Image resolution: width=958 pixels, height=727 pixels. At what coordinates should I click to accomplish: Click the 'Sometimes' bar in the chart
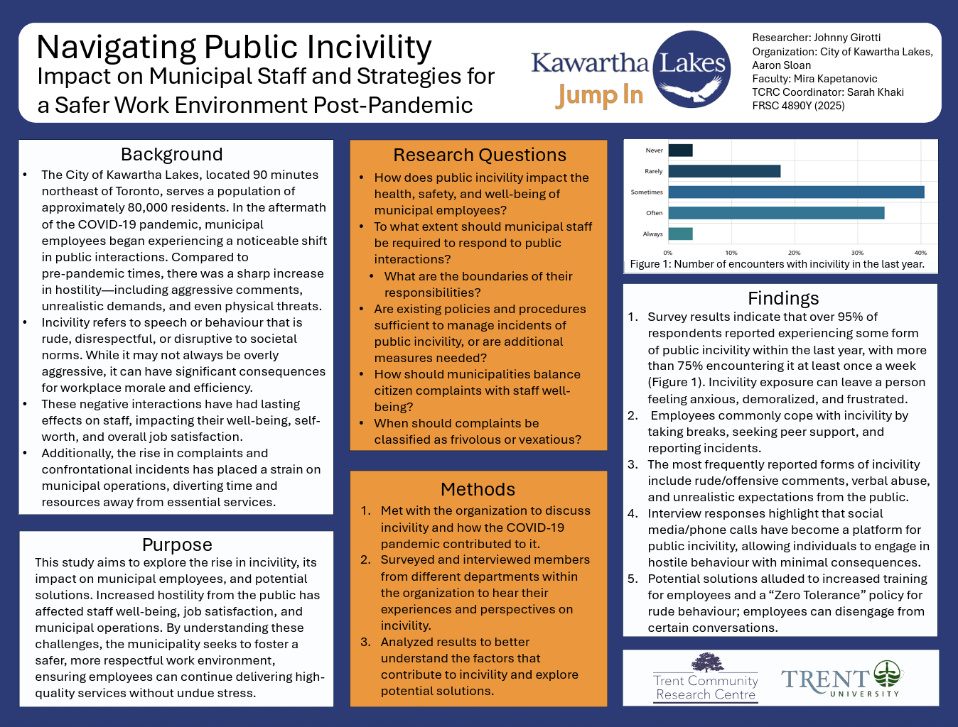coord(796,192)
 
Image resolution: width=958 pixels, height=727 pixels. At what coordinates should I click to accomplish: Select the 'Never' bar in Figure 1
coord(680,151)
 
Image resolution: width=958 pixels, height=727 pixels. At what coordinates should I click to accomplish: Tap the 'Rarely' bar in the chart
coord(724,171)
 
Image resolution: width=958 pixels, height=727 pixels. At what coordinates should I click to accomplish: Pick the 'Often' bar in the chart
coord(776,213)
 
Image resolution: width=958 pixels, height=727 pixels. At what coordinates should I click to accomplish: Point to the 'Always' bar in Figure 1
coord(680,234)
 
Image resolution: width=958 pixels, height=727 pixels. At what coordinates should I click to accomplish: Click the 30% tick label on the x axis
coord(857,253)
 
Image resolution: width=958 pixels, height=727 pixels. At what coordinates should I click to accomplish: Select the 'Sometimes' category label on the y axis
coord(646,192)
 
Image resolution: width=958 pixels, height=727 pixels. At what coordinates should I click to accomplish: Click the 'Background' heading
coord(172,155)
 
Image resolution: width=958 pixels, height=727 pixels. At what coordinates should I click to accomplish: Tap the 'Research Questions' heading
coord(480,155)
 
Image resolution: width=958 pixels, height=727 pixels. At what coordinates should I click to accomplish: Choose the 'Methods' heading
coord(478,489)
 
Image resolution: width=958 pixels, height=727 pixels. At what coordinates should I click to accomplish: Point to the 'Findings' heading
coord(783,298)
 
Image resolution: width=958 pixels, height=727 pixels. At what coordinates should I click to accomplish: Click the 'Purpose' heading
coord(177,545)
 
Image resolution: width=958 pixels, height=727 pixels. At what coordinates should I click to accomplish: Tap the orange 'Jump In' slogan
coord(600,95)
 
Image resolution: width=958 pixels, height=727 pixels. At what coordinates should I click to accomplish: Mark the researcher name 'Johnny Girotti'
coord(846,38)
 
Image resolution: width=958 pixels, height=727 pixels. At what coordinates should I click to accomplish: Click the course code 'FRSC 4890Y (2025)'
coord(798,106)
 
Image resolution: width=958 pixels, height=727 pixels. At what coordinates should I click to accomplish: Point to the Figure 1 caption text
coord(777,264)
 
